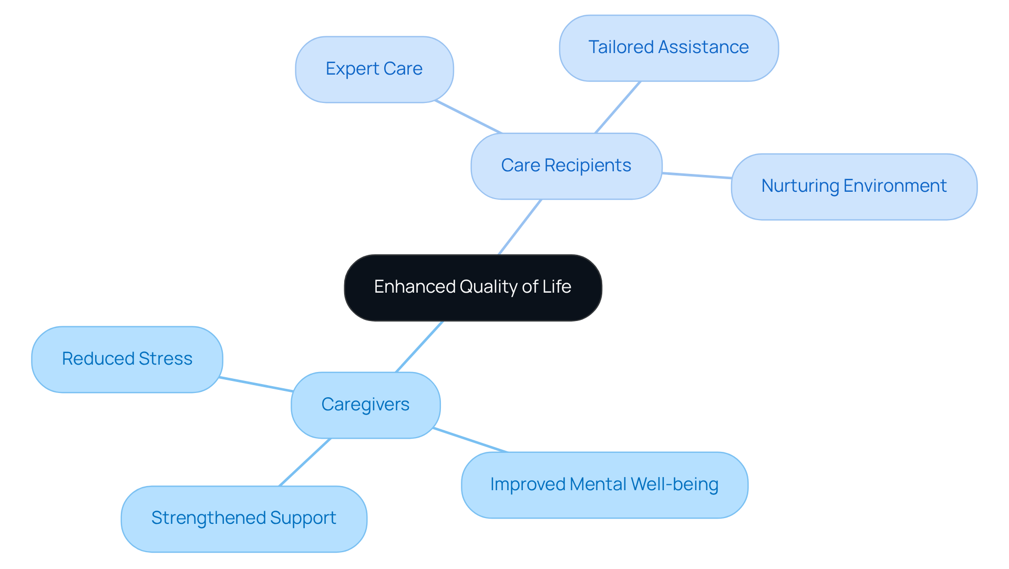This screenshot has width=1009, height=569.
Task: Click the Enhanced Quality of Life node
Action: click(x=472, y=288)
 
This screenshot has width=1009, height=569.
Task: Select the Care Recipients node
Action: click(x=566, y=166)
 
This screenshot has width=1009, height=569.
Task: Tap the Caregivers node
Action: click(x=365, y=405)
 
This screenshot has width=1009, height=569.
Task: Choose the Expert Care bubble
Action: click(x=374, y=69)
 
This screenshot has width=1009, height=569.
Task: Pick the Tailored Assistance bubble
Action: click(x=668, y=48)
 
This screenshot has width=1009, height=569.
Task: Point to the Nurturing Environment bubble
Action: click(x=853, y=187)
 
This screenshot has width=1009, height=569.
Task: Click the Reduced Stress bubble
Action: click(x=127, y=359)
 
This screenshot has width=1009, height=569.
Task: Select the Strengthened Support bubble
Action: click(x=244, y=519)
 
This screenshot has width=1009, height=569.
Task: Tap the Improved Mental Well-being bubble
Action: click(x=604, y=485)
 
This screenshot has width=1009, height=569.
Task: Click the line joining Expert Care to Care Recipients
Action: click(x=468, y=117)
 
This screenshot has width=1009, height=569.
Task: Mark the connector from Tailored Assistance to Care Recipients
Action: click(x=617, y=107)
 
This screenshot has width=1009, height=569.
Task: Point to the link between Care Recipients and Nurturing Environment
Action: click(x=697, y=175)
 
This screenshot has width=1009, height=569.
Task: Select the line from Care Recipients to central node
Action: click(x=520, y=227)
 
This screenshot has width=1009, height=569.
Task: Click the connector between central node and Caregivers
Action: click(x=419, y=347)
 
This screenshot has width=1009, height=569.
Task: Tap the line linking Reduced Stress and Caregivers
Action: click(x=256, y=384)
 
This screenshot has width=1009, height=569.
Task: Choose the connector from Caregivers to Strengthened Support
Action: click(x=305, y=462)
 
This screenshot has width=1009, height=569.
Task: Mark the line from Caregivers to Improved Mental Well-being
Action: click(x=470, y=440)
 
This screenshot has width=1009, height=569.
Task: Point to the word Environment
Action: click(x=895, y=186)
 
